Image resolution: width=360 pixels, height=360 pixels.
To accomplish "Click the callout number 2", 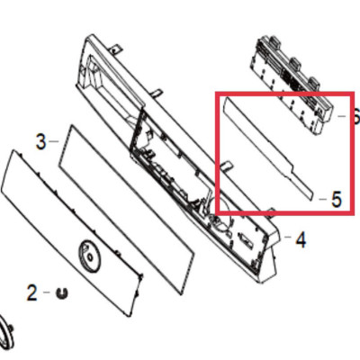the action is click(x=31, y=292).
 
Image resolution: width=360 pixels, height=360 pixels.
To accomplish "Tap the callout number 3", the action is click(x=41, y=142).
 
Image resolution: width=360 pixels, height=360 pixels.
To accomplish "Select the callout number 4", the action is click(x=301, y=239).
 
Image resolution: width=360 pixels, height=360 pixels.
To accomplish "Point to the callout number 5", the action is click(x=337, y=200).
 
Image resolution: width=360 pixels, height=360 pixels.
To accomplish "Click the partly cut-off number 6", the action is click(x=356, y=116).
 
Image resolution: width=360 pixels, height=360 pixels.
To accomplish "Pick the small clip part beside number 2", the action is click(x=62, y=292).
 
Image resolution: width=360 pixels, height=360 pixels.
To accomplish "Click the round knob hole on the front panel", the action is click(x=89, y=256).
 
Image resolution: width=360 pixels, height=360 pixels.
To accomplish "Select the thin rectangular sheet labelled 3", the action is click(x=126, y=210).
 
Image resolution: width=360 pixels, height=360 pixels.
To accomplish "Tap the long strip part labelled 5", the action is click(x=267, y=148).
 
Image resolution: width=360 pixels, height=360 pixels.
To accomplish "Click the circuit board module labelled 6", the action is click(x=292, y=85).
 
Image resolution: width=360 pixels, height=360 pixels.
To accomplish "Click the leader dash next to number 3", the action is click(x=54, y=140).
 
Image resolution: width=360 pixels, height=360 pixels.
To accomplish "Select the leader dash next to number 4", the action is click(x=287, y=237).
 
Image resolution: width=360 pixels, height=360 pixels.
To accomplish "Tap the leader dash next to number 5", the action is click(x=323, y=198).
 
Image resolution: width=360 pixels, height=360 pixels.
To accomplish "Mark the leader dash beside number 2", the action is click(x=47, y=292).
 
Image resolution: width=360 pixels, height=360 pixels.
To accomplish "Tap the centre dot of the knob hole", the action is click(x=89, y=256).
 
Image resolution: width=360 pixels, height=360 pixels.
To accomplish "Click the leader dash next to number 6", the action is click(x=342, y=116).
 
